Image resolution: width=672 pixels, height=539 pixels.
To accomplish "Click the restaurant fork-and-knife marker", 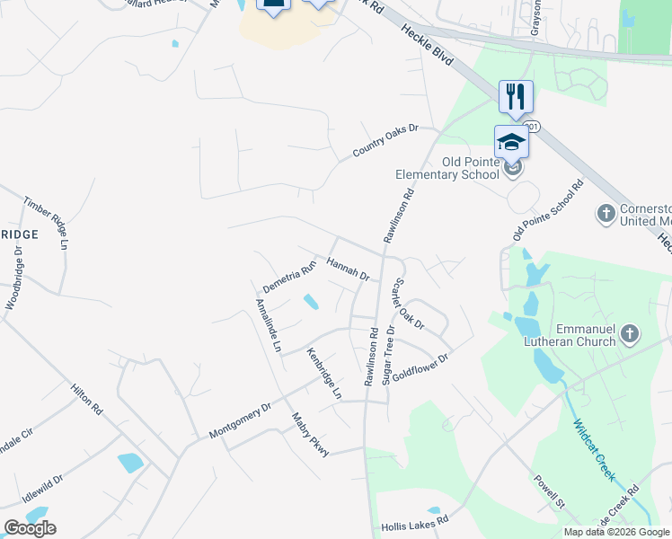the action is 516,96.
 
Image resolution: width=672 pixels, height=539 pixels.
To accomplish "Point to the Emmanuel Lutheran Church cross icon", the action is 630,335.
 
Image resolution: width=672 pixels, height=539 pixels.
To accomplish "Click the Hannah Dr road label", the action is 348,269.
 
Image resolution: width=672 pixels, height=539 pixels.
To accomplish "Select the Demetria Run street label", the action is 289,277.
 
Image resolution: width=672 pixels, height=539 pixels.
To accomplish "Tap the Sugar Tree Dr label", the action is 389,356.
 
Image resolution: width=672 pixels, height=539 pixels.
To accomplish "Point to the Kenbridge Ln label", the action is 324,373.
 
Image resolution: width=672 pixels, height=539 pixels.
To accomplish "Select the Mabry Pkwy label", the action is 311,434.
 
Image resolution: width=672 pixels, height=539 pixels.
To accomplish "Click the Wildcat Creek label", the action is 593,450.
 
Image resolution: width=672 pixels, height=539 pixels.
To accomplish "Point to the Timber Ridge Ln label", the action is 46,222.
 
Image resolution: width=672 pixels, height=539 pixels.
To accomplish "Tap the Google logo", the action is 30,528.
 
